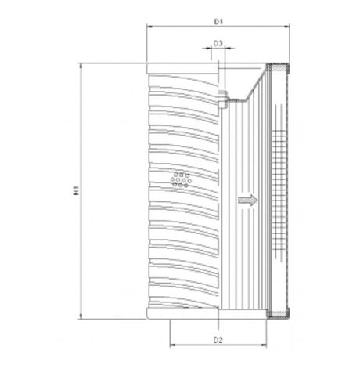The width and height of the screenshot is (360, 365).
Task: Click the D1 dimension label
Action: coord(220,16)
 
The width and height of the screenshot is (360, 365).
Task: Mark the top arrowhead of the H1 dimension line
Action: coord(80,67)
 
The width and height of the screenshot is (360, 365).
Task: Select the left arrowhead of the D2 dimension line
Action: coord(172,348)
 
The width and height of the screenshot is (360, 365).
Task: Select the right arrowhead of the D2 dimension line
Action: coord(268,348)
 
